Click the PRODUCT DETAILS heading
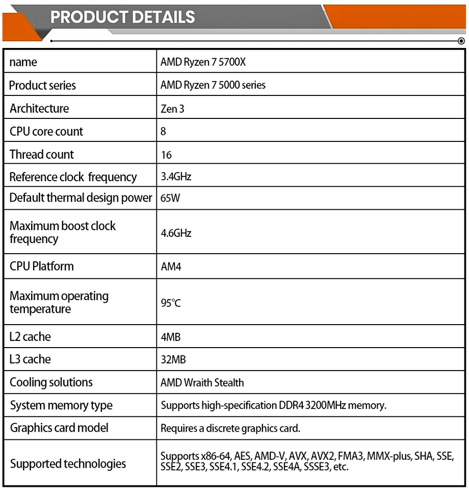click(x=122, y=17)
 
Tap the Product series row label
click(x=42, y=85)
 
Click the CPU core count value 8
click(x=163, y=132)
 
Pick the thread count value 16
click(x=166, y=155)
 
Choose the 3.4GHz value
click(x=176, y=177)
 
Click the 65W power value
click(x=170, y=198)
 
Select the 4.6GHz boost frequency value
click(x=176, y=233)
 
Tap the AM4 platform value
click(x=171, y=267)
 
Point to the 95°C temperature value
click(x=171, y=303)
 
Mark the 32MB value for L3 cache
click(x=173, y=360)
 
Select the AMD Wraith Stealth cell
click(x=202, y=383)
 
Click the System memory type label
click(x=61, y=406)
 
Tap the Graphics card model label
click(x=59, y=428)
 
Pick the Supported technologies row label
click(x=68, y=464)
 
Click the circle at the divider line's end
click(x=461, y=41)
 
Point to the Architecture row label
click(x=39, y=108)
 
